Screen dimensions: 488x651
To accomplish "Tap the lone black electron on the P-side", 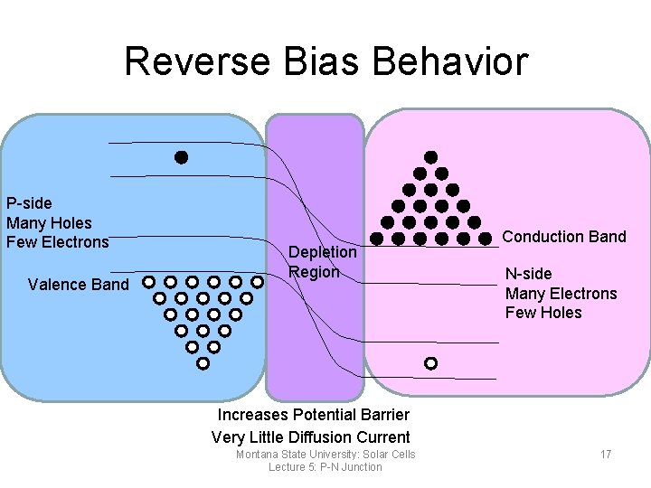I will tap(181, 157).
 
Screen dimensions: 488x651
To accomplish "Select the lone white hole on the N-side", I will tap(430, 363).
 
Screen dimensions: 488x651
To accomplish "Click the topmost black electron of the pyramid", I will tap(431, 157).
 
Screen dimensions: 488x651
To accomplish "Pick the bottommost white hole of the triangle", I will tap(203, 363).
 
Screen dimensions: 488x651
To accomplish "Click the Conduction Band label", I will tap(564, 237).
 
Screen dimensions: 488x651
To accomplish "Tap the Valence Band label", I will tap(79, 285).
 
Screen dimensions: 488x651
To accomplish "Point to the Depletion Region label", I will tap(322, 262).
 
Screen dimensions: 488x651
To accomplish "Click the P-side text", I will tap(29, 202).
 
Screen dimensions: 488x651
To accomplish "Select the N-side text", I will tap(528, 274).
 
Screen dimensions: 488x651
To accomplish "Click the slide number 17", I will tap(606, 454).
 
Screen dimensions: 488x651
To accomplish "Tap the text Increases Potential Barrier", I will tap(313, 415).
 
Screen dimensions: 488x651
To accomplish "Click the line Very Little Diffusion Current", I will tap(310, 437).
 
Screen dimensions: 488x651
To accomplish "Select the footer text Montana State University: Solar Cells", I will tap(325, 455).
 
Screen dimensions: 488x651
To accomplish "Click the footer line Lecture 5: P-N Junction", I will tap(325, 467).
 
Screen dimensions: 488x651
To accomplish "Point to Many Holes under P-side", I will tap(49, 222).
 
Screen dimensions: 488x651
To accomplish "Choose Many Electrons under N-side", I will tap(561, 294).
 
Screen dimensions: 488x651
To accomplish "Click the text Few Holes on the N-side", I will tap(543, 313).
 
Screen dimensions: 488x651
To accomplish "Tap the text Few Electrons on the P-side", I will tap(57, 242).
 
